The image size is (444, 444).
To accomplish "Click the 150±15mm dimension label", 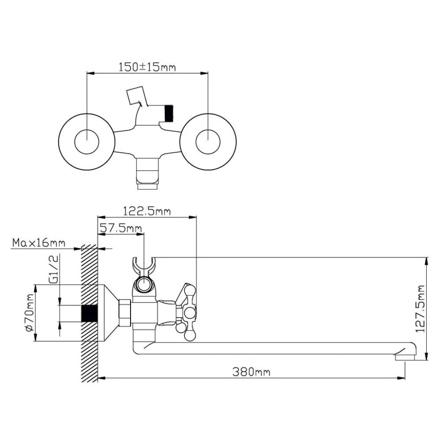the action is (x=147, y=67).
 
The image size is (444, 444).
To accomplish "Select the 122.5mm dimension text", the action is (x=147, y=211).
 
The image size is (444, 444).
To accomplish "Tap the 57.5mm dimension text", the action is (x=121, y=228).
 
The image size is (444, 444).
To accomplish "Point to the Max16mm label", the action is (x=39, y=243).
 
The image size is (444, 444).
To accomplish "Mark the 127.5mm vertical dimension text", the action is (x=420, y=309).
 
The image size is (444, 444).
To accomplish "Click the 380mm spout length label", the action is (x=251, y=372).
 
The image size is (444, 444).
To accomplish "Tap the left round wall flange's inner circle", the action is (x=87, y=142).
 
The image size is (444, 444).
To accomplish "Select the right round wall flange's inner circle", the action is (x=208, y=142).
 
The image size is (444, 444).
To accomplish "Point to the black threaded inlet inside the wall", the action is (x=89, y=313).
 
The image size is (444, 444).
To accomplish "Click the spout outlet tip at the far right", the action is (x=405, y=357).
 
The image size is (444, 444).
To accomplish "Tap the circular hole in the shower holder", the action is (x=144, y=284).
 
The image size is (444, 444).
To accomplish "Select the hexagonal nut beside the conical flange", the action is (x=125, y=313).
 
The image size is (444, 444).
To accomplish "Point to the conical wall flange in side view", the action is (x=108, y=313).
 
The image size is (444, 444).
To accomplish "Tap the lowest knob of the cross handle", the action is (x=190, y=336).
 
